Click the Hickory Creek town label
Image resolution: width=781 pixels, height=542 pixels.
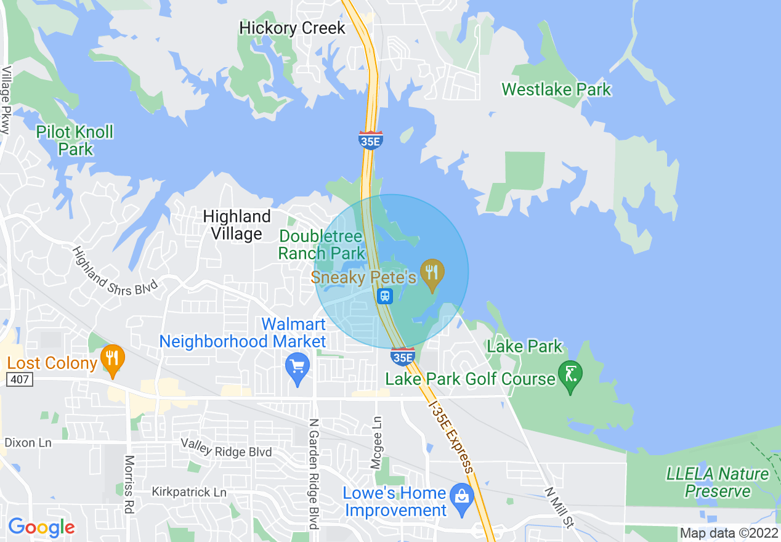point(292,28)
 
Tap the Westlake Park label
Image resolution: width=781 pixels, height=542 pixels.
point(556,89)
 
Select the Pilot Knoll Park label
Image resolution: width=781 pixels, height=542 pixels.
point(75,140)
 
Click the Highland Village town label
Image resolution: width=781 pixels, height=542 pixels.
point(237,225)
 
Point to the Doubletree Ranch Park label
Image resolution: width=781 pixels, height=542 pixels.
point(322,245)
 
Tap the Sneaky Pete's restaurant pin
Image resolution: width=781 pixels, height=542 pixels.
point(432,274)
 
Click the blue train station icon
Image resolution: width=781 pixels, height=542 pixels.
point(386,296)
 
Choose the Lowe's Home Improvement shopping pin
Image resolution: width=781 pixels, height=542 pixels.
point(461,496)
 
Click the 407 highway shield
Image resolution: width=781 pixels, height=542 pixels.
point(20,380)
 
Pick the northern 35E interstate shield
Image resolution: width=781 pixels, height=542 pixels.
point(371,140)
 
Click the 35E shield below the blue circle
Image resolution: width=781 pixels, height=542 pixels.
point(403,356)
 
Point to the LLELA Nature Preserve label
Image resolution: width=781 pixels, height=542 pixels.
point(718,482)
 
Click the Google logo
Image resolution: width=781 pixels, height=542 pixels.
point(41,527)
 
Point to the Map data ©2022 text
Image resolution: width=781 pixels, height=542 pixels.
point(729,533)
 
